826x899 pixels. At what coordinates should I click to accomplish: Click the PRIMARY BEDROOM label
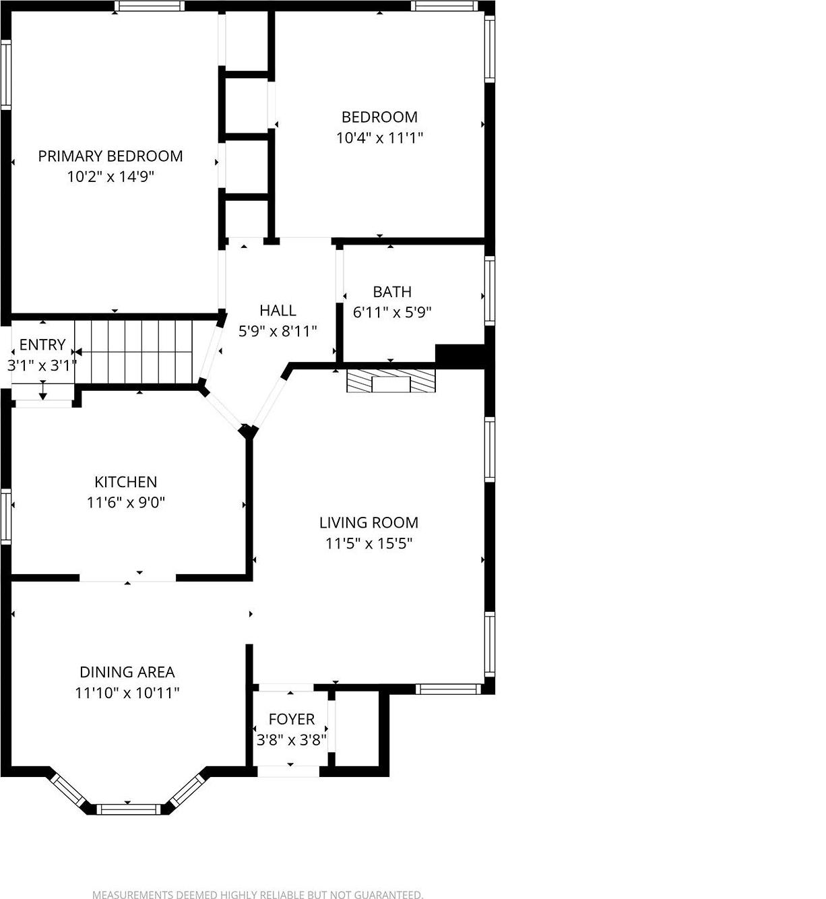[110, 156]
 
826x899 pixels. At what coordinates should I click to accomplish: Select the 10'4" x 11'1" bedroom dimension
[379, 138]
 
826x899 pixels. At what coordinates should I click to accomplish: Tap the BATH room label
[392, 292]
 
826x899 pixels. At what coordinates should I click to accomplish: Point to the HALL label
[278, 310]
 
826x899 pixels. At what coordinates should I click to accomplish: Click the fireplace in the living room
[391, 381]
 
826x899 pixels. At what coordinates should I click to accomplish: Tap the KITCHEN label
[125, 482]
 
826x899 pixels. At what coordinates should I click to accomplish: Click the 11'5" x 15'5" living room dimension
[369, 543]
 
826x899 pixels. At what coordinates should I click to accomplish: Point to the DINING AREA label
[127, 672]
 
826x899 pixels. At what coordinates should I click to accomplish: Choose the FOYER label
[291, 719]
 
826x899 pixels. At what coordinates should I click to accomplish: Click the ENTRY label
[42, 345]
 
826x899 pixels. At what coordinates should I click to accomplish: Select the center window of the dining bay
[128, 809]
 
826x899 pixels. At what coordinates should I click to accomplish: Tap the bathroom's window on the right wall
[490, 291]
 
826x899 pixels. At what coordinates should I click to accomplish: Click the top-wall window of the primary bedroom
[149, 6]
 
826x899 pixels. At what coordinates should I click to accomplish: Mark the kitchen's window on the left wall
[5, 516]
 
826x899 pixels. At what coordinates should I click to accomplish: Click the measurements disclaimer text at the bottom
[257, 895]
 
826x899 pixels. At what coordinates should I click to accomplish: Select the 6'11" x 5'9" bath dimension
[392, 313]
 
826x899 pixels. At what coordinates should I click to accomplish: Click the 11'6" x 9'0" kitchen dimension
[125, 503]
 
